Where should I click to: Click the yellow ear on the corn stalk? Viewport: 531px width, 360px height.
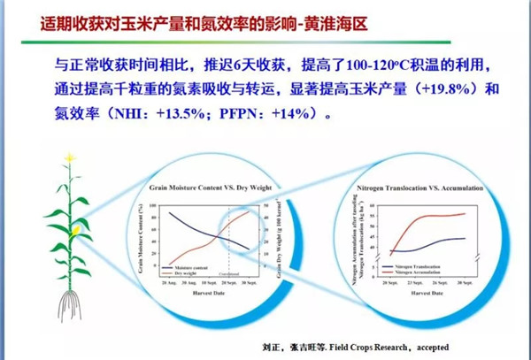coord(79,231)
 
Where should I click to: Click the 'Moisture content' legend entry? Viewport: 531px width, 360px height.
coord(197,264)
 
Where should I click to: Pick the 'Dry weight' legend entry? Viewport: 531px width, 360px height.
coord(194,272)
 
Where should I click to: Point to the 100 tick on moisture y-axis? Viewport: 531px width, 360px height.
coord(153,207)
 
